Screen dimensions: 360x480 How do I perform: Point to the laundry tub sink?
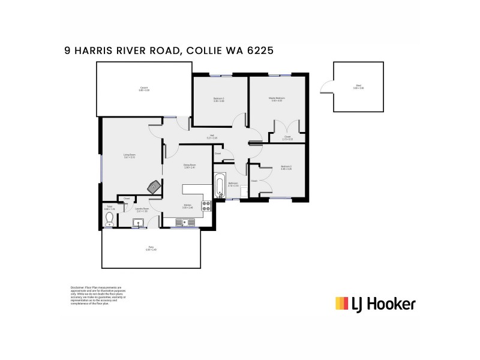coord(139,223)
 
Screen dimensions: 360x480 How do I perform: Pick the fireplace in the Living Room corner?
coord(155,186)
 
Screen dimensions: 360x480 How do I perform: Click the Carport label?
coord(144,88)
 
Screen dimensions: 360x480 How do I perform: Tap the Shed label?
coord(359,88)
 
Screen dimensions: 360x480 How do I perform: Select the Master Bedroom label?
coord(277,99)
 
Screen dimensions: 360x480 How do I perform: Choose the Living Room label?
coord(129,156)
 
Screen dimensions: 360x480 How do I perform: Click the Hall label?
coord(212,136)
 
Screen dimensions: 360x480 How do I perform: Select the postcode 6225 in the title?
coord(261,52)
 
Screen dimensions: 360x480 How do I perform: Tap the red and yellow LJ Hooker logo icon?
coord(341,304)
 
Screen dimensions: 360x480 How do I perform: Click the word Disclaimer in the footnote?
coord(79,287)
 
